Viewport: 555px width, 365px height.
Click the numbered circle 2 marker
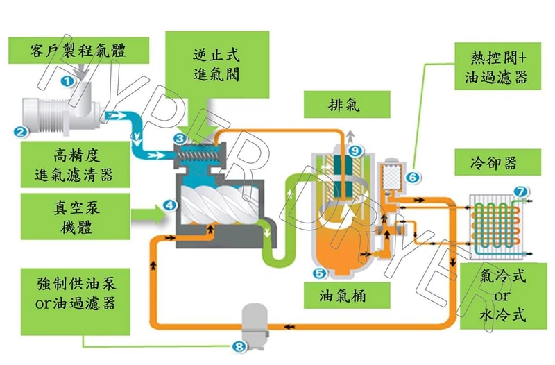[21, 130]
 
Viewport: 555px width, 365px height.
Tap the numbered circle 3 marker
[179, 139]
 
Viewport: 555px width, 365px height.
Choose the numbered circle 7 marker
[519, 190]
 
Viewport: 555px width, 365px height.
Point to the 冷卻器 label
[493, 164]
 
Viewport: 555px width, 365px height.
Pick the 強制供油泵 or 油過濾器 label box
[76, 294]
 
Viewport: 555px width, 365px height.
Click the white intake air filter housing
[55, 116]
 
